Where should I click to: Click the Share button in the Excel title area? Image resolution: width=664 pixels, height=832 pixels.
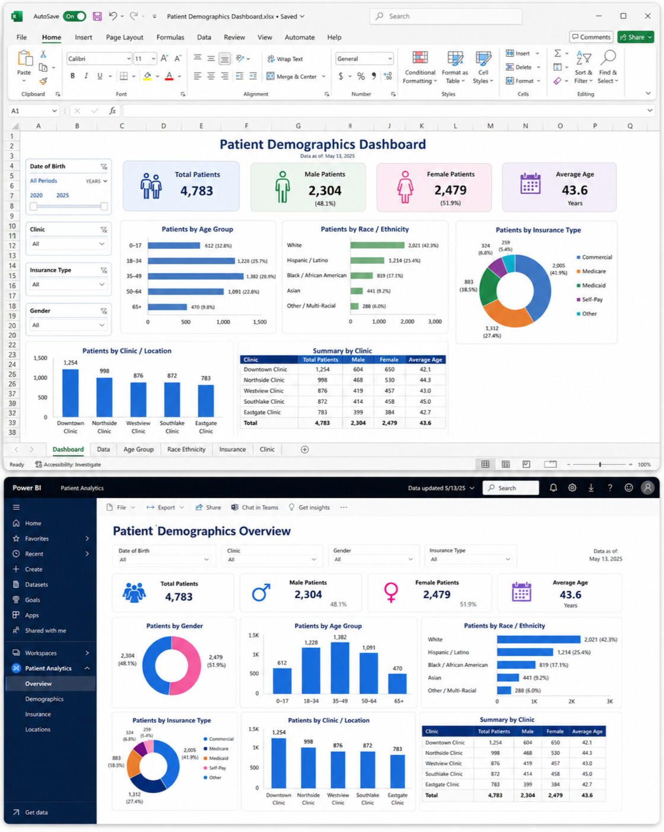pos(635,37)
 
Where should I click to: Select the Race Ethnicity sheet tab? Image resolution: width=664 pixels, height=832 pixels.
pos(186,449)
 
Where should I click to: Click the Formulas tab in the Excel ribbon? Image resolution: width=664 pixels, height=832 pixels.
pos(170,37)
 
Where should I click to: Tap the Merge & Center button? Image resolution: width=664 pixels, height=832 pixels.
pos(296,77)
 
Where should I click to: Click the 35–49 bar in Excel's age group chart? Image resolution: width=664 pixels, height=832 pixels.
pos(195,276)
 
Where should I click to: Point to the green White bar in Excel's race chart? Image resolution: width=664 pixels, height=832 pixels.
pos(377,245)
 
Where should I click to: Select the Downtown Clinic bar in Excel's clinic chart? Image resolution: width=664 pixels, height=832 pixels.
pos(70,393)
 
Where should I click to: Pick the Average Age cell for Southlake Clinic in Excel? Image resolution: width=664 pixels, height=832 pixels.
pos(425,401)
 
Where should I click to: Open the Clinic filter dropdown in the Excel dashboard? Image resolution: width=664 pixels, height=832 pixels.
pos(68,244)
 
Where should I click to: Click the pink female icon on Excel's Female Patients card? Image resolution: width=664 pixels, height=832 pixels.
pos(405,187)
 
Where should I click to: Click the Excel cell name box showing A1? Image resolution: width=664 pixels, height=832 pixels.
pos(34,111)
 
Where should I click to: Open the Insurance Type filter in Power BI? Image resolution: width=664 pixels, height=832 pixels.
pos(470,559)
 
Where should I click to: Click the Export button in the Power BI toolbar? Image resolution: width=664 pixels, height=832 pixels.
pos(166,507)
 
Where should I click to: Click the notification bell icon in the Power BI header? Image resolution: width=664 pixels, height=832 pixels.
pos(553,488)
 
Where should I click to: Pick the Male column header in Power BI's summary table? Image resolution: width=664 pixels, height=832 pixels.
pos(528,731)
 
